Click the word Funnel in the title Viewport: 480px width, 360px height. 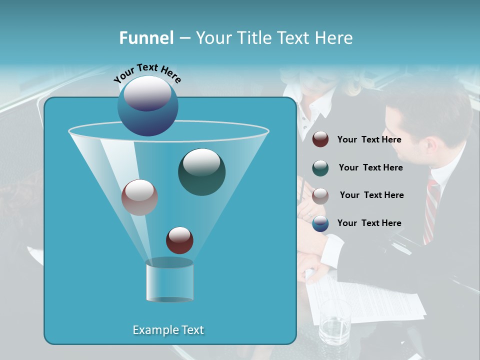coord(146,38)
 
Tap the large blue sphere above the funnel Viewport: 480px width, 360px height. coord(147,105)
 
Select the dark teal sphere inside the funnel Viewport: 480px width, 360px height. coord(201,172)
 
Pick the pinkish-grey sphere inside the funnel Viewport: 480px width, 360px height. coord(139,197)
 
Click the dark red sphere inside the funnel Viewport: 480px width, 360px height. coord(179,240)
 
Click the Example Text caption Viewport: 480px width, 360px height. coord(168,330)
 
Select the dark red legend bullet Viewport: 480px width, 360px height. coord(320,139)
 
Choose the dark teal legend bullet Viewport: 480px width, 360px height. coord(320,168)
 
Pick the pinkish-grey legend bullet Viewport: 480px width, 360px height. coord(320,195)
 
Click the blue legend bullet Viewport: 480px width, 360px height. coord(320,223)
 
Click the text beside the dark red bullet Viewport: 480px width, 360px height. coord(369,140)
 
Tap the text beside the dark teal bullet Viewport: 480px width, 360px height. coord(370,168)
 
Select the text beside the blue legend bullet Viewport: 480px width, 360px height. coord(369,223)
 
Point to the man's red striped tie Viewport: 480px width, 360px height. coord(431,210)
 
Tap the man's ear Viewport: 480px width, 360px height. coord(430,144)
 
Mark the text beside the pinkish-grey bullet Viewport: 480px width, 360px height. coord(371,195)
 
